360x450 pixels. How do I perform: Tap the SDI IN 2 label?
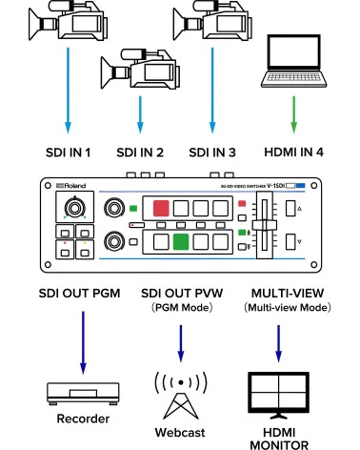pyautogui.click(x=140, y=153)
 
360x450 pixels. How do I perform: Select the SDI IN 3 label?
pyautogui.click(x=213, y=153)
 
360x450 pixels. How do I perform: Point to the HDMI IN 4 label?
pyautogui.click(x=292, y=153)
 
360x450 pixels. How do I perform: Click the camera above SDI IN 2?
pyautogui.click(x=138, y=69)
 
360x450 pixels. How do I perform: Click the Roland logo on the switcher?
pyautogui.click(x=64, y=187)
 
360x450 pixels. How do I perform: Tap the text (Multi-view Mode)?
pyautogui.click(x=280, y=308)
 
